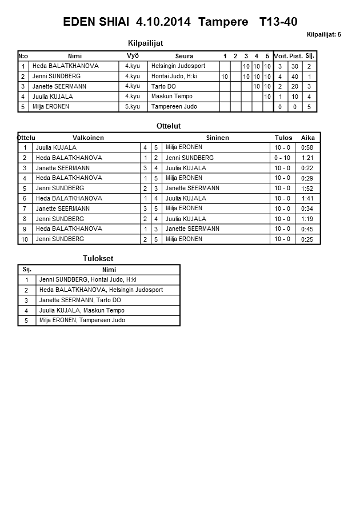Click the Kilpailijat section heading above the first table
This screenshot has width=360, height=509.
pyautogui.click(x=150, y=43)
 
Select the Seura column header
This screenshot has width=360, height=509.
pyautogui.click(x=184, y=56)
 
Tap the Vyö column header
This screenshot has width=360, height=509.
pyautogui.click(x=133, y=55)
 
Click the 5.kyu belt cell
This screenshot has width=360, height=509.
pyautogui.click(x=133, y=106)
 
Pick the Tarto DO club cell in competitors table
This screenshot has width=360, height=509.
pyautogui.click(x=163, y=86)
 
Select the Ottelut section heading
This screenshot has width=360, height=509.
pyautogui.click(x=168, y=126)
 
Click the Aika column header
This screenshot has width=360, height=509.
pyautogui.click(x=308, y=138)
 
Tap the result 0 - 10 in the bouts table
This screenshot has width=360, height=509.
pyautogui.click(x=282, y=158)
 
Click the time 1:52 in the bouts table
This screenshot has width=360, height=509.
pyautogui.click(x=307, y=189)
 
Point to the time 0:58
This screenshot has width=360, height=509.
pyautogui.click(x=307, y=148)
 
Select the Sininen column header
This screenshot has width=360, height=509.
pyautogui.click(x=217, y=138)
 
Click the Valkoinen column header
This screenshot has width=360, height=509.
pyautogui.click(x=88, y=138)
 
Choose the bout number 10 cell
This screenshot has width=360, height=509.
pyautogui.click(x=25, y=239)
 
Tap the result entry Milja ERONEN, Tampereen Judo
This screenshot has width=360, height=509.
pyautogui.click(x=82, y=320)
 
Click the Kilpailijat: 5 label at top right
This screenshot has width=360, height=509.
pyautogui.click(x=323, y=35)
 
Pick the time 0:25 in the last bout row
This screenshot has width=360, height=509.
pyautogui.click(x=307, y=239)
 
